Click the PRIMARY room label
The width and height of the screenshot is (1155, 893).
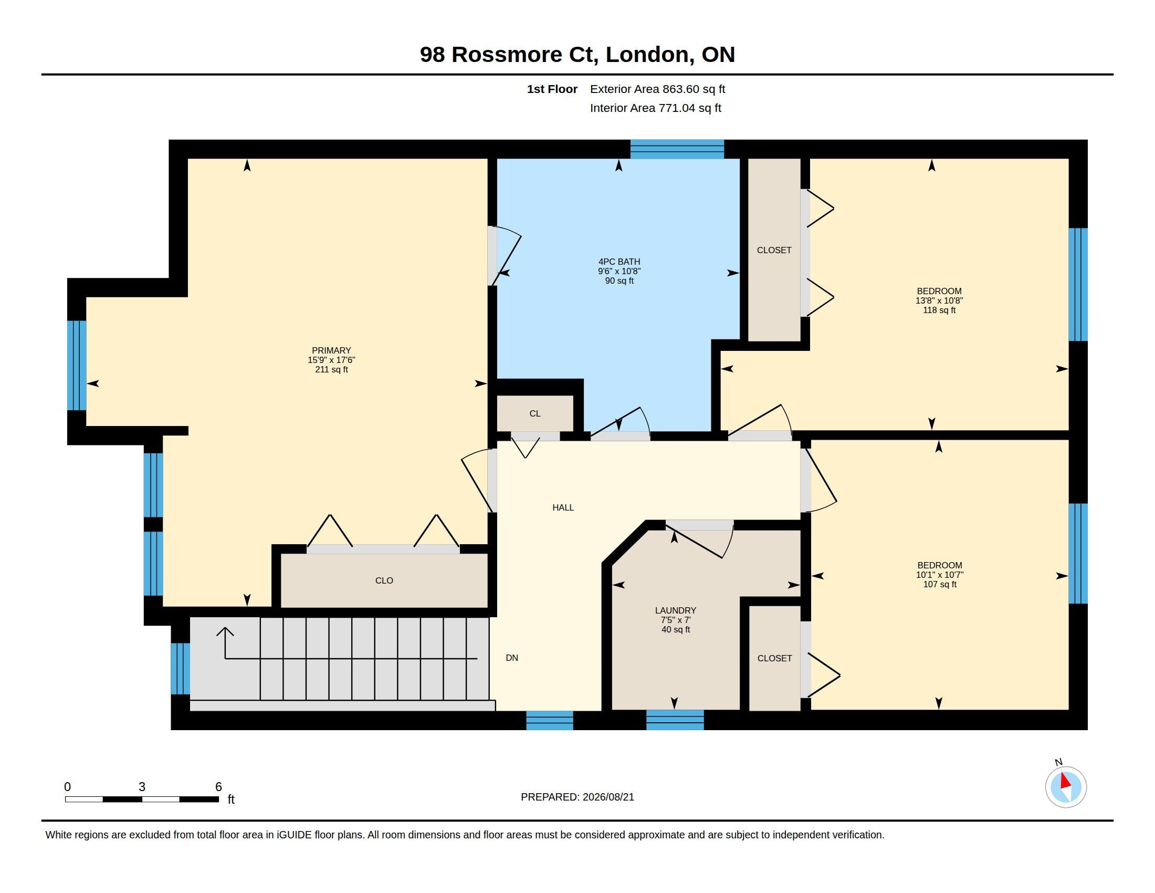[331, 350]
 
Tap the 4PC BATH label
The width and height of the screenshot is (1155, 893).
[619, 262]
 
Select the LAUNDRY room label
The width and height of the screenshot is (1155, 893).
[675, 610]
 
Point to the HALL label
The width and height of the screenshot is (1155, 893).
[563, 507]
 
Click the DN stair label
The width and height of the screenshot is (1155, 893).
[512, 658]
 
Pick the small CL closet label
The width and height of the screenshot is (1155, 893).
[535, 413]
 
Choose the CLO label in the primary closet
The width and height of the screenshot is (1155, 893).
[384, 580]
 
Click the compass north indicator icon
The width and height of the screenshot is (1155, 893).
[1066, 787]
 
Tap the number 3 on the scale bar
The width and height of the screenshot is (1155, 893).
[142, 787]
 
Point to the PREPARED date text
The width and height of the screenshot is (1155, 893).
[577, 797]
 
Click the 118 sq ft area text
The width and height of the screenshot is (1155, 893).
[939, 310]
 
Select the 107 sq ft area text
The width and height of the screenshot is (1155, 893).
[940, 584]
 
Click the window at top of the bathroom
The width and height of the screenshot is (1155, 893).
[677, 149]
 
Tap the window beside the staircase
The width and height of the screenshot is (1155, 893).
[180, 668]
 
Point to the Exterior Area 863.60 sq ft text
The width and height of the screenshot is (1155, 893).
[657, 89]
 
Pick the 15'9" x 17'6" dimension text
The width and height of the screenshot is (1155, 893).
[332, 360]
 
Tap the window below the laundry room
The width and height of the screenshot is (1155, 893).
[675, 720]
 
